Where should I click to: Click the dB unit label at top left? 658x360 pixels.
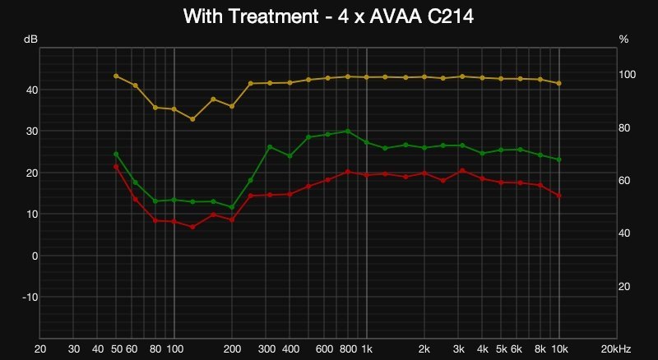pyautogui.click(x=30, y=39)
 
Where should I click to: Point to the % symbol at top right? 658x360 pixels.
pyautogui.click(x=623, y=39)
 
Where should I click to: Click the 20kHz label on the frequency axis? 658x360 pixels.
pyautogui.click(x=617, y=348)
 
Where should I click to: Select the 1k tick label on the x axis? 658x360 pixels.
pyautogui.click(x=367, y=348)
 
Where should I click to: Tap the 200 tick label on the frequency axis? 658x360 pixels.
pyautogui.click(x=232, y=348)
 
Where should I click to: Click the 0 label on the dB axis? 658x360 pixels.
pyautogui.click(x=35, y=256)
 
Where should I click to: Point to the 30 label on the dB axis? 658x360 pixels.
pyautogui.click(x=31, y=131)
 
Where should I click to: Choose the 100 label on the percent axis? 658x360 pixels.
pyautogui.click(x=628, y=75)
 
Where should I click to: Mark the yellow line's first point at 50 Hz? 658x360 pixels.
pyautogui.click(x=116, y=76)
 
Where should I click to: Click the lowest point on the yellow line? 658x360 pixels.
pyautogui.click(x=192, y=119)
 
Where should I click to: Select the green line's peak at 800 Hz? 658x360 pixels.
pyautogui.click(x=348, y=131)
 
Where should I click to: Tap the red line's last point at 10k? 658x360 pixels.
pyautogui.click(x=559, y=196)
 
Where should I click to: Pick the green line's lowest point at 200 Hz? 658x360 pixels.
pyautogui.click(x=232, y=207)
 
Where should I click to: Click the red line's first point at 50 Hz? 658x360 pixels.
pyautogui.click(x=116, y=167)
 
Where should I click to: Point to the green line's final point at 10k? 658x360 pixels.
pyautogui.click(x=559, y=159)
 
